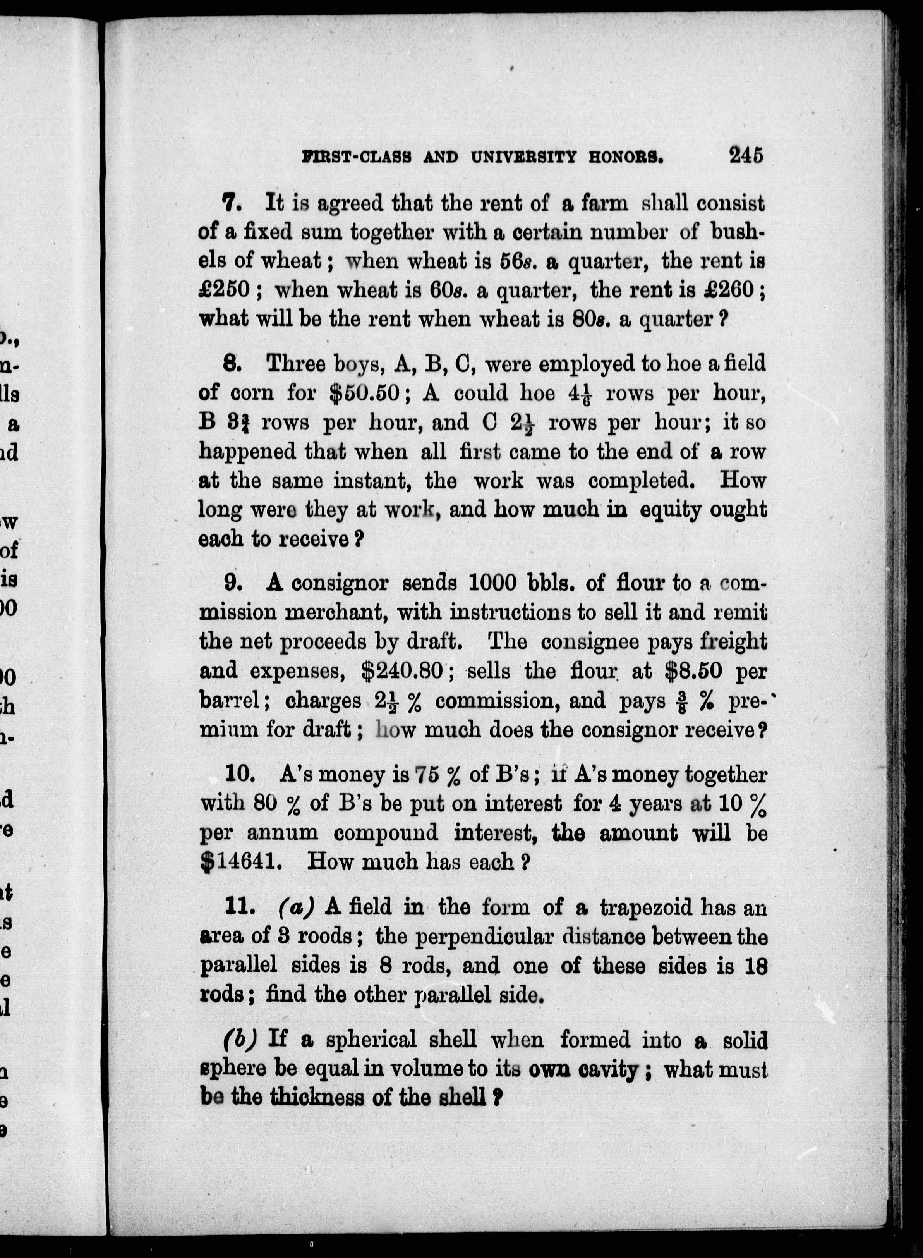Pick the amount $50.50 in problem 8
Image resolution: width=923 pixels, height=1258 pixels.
click(365, 394)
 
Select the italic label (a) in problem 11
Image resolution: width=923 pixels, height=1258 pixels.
click(295, 907)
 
